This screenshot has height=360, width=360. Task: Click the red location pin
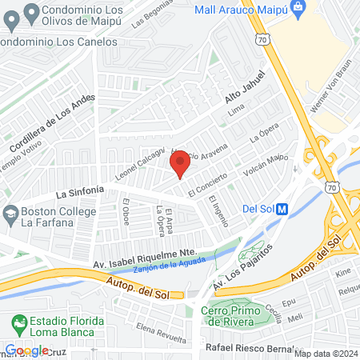tap(180, 163)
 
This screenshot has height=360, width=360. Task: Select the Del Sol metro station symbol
tap(282, 210)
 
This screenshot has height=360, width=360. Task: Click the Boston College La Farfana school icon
tap(10, 214)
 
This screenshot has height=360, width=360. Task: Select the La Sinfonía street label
tap(80, 191)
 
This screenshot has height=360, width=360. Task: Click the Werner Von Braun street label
tap(336, 84)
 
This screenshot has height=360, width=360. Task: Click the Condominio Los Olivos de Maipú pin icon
tap(33, 11)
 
